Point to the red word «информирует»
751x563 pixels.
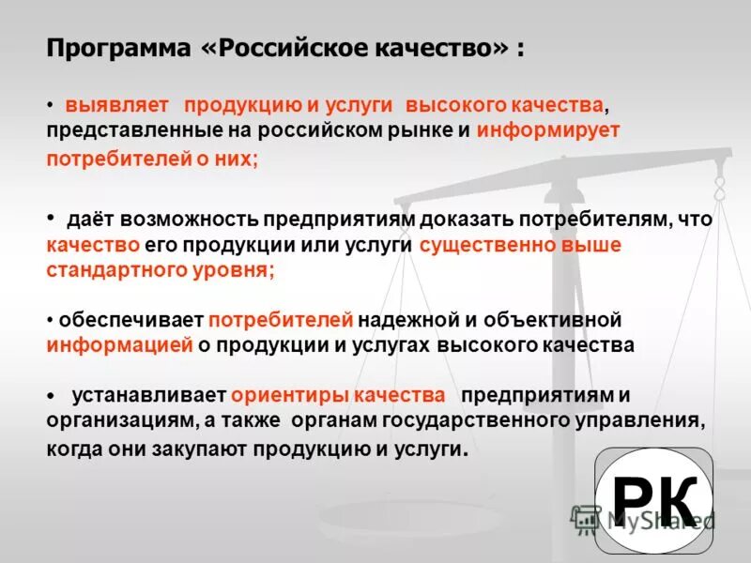(548, 129)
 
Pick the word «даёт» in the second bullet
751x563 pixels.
(85, 220)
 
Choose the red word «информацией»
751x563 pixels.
(120, 345)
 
